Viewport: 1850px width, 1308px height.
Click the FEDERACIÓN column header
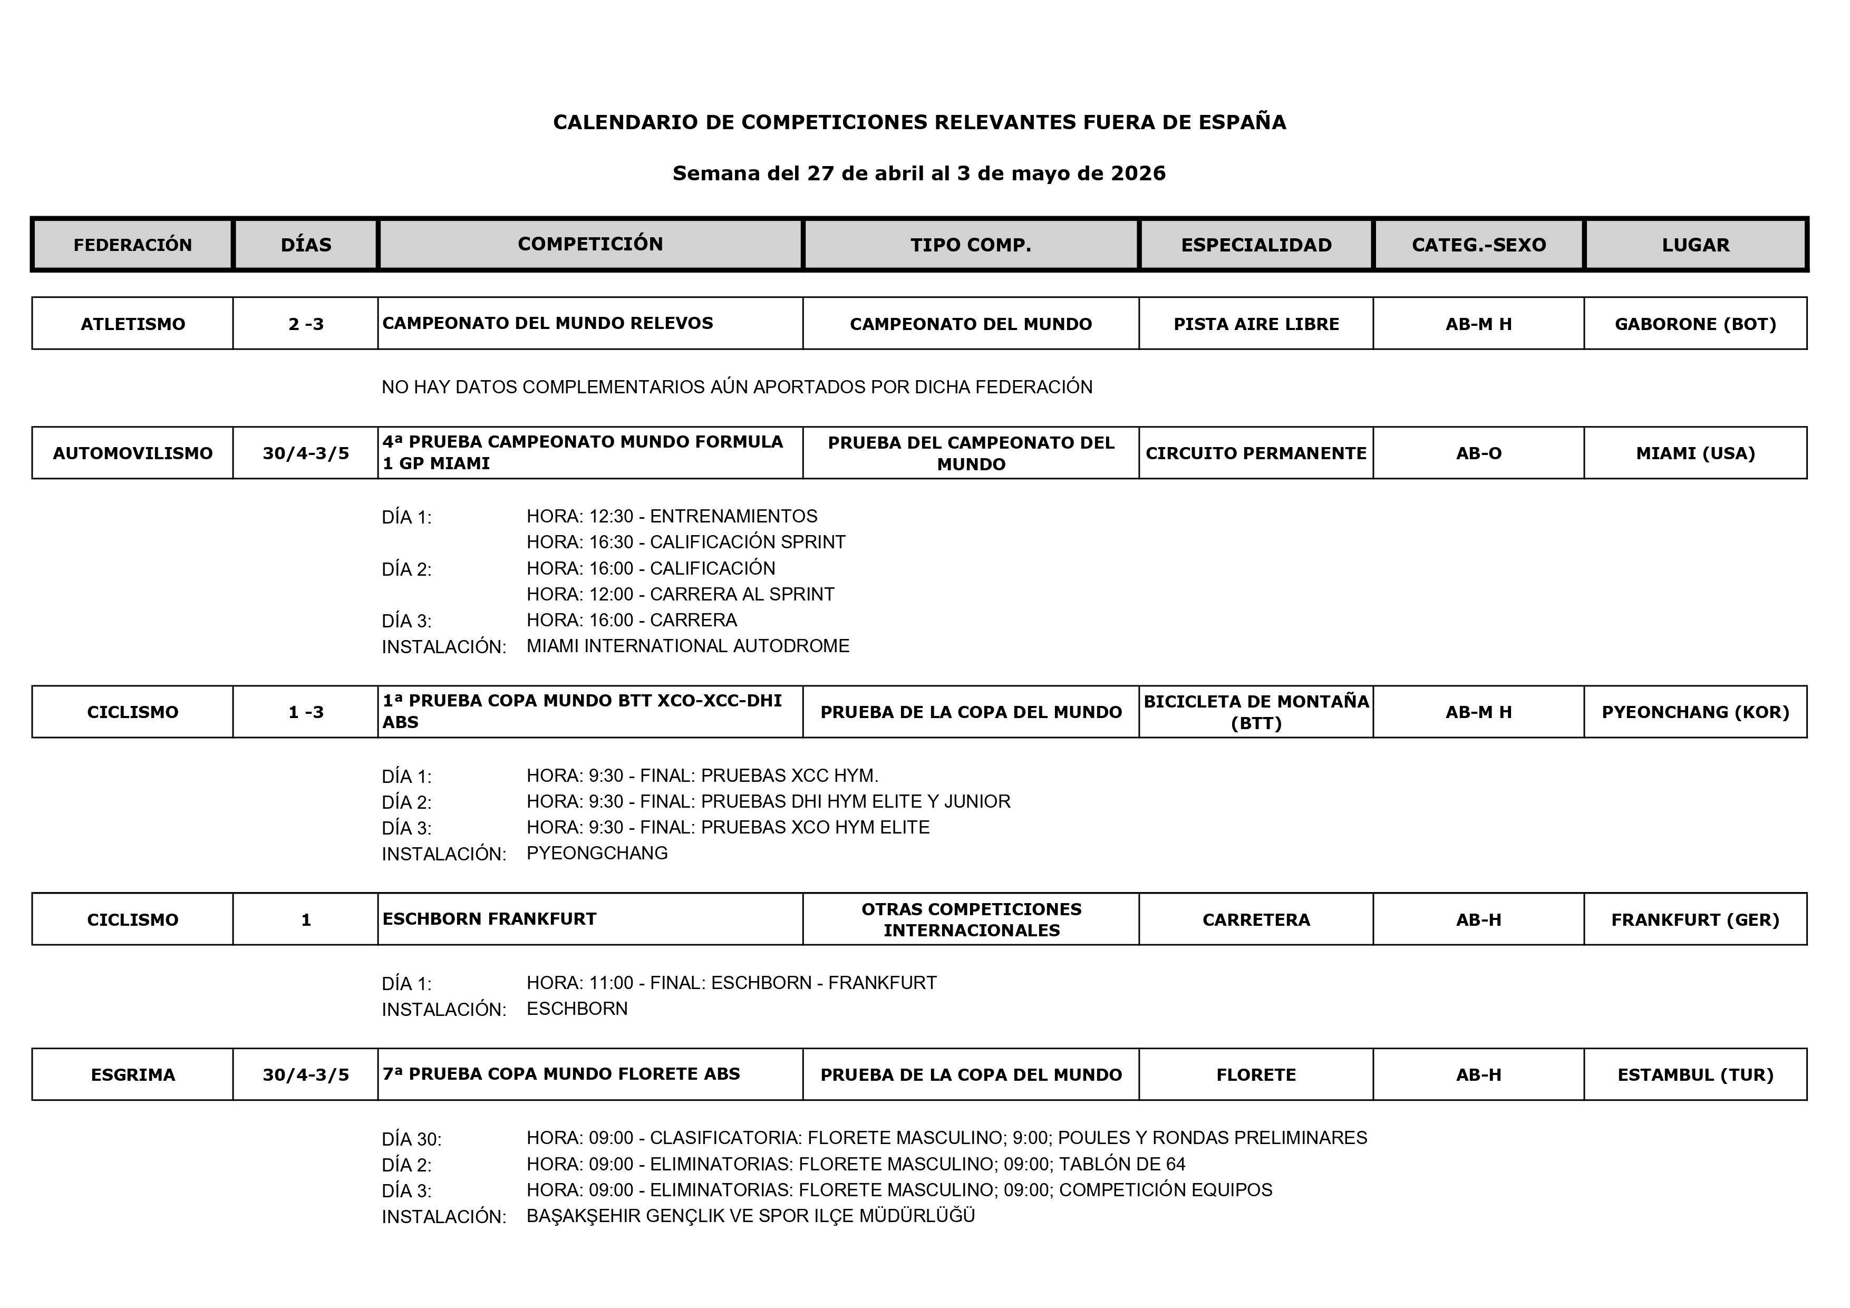133,245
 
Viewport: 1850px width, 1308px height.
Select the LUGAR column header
1696,245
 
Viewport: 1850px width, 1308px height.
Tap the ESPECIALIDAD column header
1256,245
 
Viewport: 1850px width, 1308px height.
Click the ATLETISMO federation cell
133,324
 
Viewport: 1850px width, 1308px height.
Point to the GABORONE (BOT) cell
1696,324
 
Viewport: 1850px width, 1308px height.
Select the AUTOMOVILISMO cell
133,453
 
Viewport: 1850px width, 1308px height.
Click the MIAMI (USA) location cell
1696,453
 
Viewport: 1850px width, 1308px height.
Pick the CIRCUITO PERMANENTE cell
1256,453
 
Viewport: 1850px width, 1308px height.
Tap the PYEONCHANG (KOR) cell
1696,712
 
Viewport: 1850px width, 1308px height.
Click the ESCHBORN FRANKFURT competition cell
489,919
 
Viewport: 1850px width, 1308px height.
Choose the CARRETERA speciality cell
1256,919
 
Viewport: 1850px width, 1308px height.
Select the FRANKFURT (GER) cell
1696,919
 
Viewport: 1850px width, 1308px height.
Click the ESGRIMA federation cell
133,1075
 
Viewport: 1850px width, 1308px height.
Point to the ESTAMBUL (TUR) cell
1696,1075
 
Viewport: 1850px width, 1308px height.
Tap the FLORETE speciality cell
1256,1075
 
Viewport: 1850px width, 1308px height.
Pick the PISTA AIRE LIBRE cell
1256,324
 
